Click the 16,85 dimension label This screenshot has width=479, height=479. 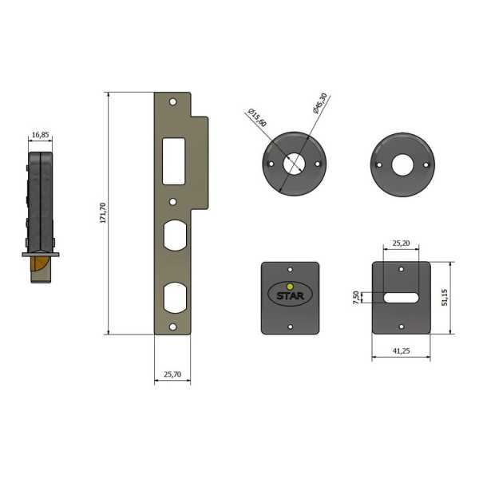tap(41, 135)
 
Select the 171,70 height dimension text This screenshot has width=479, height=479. tap(103, 213)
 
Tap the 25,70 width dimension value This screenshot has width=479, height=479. tap(172, 374)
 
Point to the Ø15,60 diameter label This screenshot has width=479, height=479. tap(257, 117)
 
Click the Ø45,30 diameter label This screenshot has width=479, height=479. tap(320, 103)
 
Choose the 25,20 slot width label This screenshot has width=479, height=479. tap(401, 243)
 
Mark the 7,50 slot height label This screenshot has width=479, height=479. tap(356, 298)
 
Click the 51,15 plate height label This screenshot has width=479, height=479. tap(445, 298)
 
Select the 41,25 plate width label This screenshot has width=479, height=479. tap(401, 351)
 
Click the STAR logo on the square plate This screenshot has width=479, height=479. tap(291, 295)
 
